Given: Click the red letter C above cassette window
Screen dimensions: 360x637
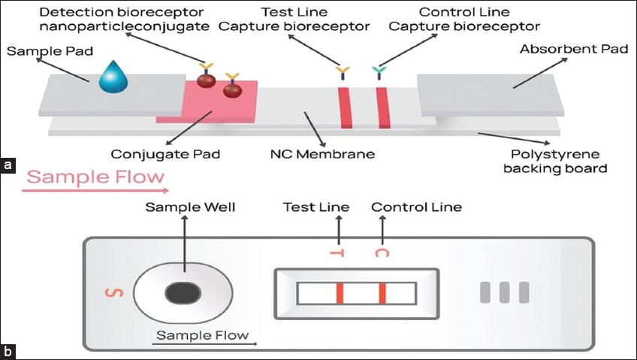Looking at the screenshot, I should click(381, 253).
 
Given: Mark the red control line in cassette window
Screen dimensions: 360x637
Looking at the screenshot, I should click(382, 292).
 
